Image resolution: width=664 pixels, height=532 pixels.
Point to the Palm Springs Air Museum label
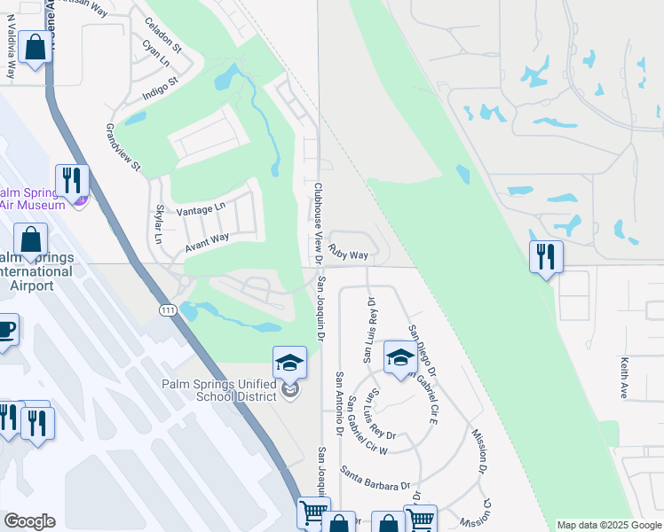click(x=32, y=198)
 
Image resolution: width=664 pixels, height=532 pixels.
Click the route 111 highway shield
click(x=168, y=310)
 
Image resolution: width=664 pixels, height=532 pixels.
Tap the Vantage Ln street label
click(x=202, y=210)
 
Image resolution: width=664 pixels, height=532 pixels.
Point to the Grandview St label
click(x=123, y=147)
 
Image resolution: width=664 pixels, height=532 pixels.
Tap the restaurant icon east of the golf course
click(x=545, y=257)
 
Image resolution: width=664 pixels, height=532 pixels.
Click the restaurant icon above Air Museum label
click(x=72, y=180)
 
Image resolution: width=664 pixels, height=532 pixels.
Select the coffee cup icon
click(x=6, y=330)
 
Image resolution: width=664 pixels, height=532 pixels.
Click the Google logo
click(x=29, y=521)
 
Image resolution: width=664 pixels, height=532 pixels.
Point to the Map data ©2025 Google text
click(x=609, y=525)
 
